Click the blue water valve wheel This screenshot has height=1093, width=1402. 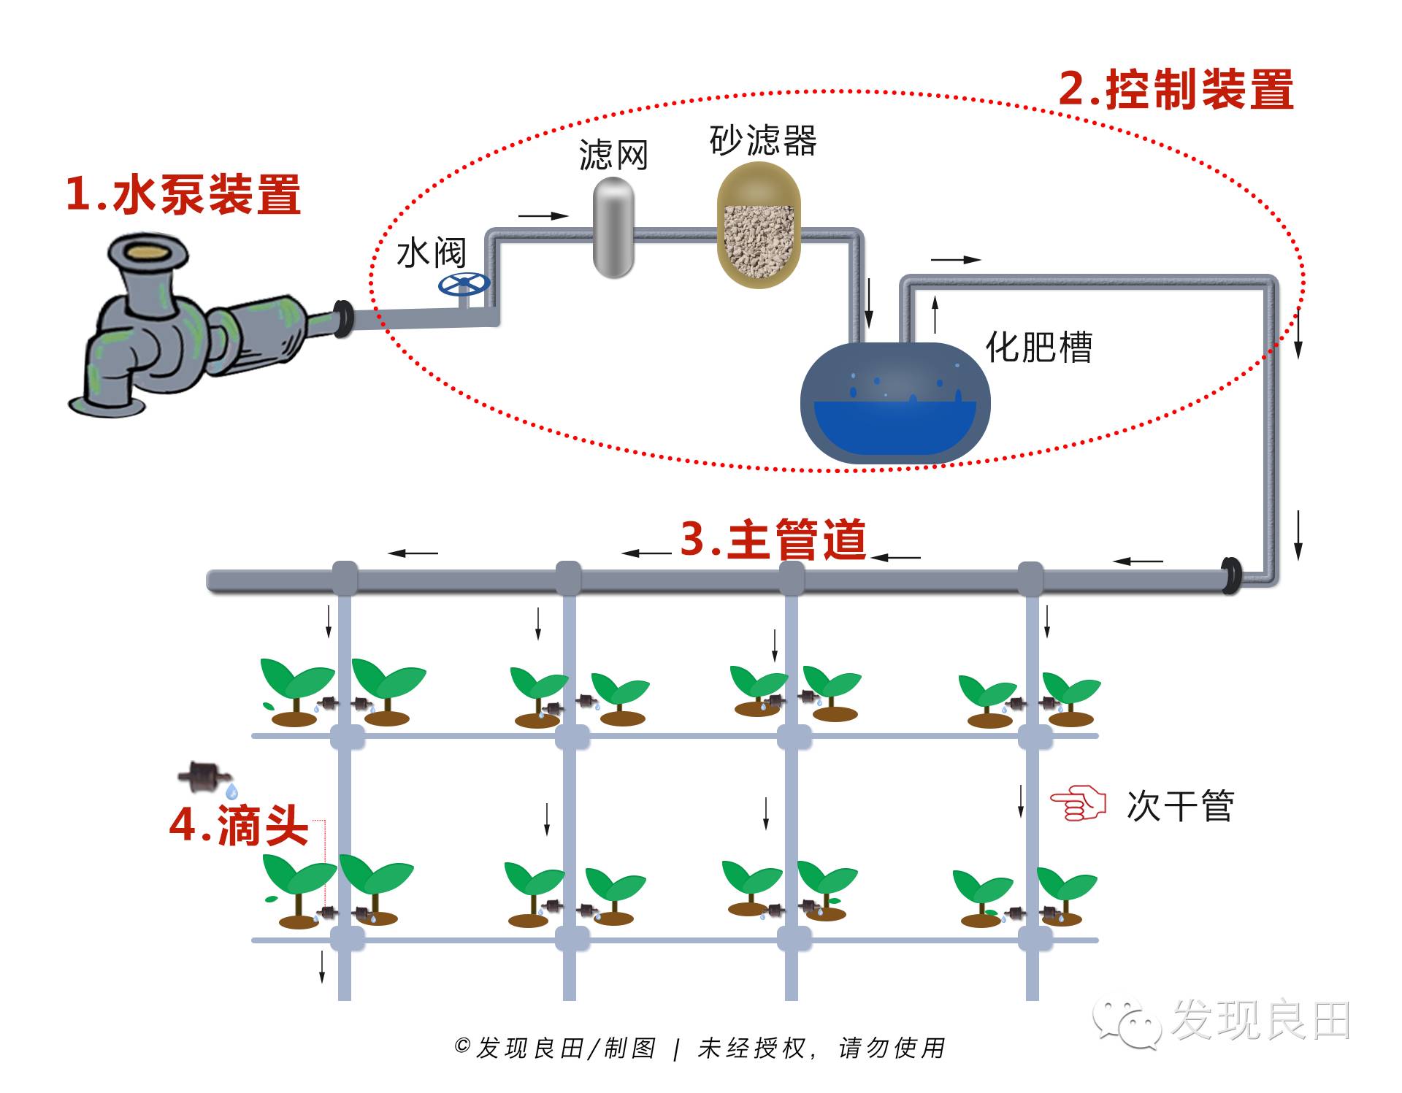point(464,284)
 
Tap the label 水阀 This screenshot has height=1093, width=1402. point(431,253)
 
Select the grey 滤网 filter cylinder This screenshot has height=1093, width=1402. point(613,227)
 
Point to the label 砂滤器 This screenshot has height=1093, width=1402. point(763,140)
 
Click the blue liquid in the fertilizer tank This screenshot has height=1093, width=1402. point(895,427)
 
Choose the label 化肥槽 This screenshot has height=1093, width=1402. point(1038,347)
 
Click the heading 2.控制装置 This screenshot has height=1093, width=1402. point(1176,90)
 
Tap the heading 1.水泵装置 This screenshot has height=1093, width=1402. point(183,194)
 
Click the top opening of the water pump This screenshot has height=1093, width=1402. point(148,252)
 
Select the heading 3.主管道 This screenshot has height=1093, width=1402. point(773,540)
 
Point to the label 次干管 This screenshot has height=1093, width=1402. point(1180,806)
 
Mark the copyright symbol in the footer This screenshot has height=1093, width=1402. point(461,1046)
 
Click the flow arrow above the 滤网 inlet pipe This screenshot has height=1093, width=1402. point(543,216)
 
